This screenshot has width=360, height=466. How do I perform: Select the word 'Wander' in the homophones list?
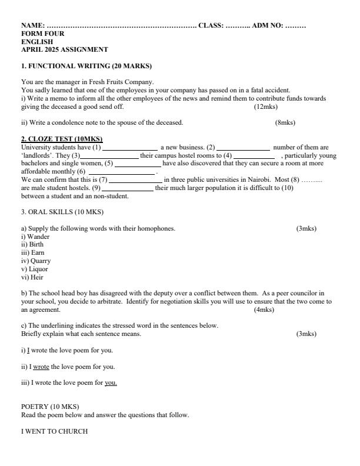tap(37, 236)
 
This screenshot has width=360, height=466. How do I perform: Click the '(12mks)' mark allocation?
tap(266, 106)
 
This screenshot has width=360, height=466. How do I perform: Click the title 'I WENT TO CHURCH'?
tap(54, 431)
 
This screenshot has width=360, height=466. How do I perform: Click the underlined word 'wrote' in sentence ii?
tap(41, 367)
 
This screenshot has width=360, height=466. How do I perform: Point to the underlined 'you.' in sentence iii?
tap(111, 383)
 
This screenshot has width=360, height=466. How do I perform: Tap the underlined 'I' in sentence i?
tap(28, 350)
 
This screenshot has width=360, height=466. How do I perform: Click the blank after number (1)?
tap(130, 147)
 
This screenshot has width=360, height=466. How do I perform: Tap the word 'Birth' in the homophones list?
tap(35, 244)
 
